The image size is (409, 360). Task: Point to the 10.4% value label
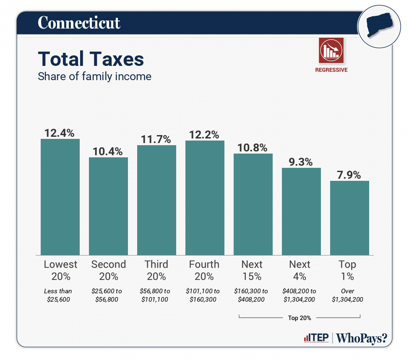(x=108, y=151)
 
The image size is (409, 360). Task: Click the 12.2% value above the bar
(x=205, y=135)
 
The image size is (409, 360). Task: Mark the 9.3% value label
(x=301, y=162)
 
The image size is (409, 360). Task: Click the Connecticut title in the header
(x=79, y=23)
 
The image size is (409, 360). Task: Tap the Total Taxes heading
(x=91, y=59)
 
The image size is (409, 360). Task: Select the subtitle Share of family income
(x=94, y=76)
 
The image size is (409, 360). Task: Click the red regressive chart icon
(x=331, y=50)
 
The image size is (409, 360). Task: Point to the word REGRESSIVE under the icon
(x=331, y=70)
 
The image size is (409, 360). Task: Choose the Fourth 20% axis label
(x=204, y=270)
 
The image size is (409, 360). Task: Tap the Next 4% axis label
(x=300, y=270)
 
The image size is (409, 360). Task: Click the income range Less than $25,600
(x=58, y=295)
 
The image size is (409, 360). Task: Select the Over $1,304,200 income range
(x=347, y=295)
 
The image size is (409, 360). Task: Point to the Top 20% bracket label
(x=300, y=318)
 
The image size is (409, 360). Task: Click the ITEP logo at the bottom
(x=316, y=337)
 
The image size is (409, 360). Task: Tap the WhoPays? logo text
(x=362, y=338)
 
